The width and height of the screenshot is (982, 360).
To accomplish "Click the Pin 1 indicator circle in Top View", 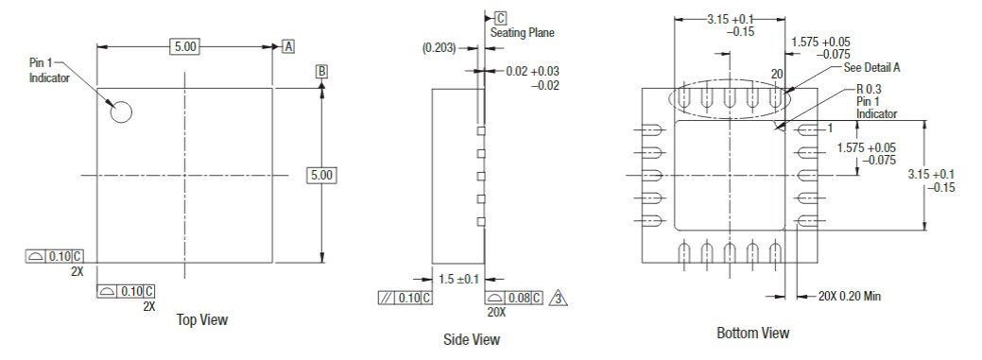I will [x=120, y=111].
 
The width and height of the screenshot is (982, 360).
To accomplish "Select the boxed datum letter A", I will [x=287, y=46].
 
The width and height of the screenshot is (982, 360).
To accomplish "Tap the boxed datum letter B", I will [x=321, y=72].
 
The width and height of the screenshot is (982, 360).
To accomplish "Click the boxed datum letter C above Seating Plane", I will [x=500, y=18].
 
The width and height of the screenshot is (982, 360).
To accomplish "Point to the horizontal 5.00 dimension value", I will [x=183, y=46].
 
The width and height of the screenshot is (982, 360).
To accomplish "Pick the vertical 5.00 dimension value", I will [x=322, y=176].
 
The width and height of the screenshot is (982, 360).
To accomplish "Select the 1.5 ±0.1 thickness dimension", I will [x=460, y=279].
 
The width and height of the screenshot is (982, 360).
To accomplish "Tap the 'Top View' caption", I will [x=202, y=320].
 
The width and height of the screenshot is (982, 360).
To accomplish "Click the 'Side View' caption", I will [x=472, y=339].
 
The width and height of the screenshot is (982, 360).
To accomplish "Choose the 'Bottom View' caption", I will [x=752, y=333].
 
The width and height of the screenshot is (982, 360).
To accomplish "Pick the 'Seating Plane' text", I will [x=522, y=33].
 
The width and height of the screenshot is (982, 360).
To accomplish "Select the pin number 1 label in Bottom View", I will [x=828, y=129].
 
